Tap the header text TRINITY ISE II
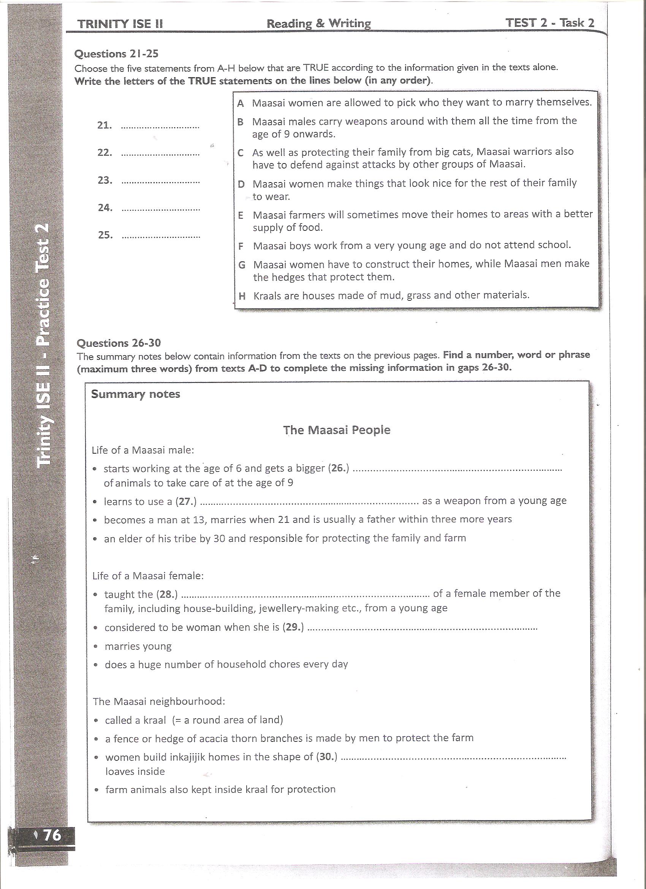tap(120, 24)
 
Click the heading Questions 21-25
tap(116, 53)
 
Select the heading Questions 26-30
tap(118, 343)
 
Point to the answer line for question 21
tap(160, 127)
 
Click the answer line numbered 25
tap(161, 237)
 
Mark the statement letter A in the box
tap(241, 103)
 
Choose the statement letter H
tap(242, 296)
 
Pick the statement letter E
tap(241, 215)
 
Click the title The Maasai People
tap(337, 430)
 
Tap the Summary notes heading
tap(136, 394)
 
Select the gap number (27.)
tap(186, 501)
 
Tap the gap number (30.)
tap(326, 757)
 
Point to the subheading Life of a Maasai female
tap(148, 576)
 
